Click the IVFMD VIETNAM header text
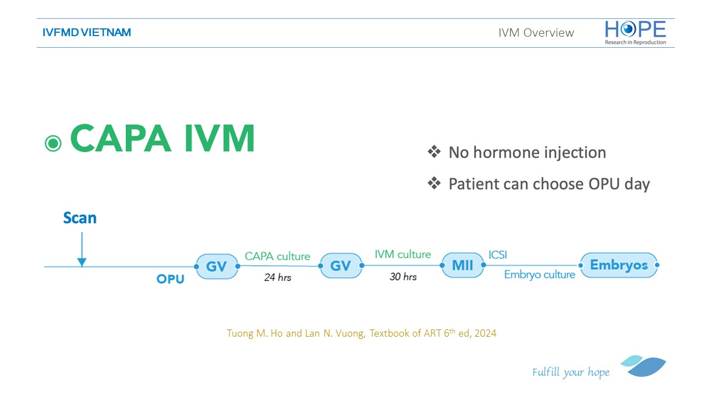pos(87,32)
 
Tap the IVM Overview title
pos(536,33)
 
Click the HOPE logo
pos(635,33)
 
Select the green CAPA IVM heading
pos(163,138)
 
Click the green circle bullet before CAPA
pos(53,143)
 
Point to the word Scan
pos(79,218)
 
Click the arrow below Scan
pos(82,249)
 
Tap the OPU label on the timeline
pos(171,279)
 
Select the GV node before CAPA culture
pos(217,266)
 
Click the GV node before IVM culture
pos(341,266)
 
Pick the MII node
pos(463,265)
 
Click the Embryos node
pos(619,265)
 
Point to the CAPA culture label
pos(277,256)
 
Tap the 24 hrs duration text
pos(278,277)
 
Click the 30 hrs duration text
pos(403,277)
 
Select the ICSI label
pos(498,255)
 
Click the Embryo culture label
pos(539,274)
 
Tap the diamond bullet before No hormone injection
pos(434,152)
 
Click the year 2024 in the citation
pos(485,333)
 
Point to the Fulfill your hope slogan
pos(570,372)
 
